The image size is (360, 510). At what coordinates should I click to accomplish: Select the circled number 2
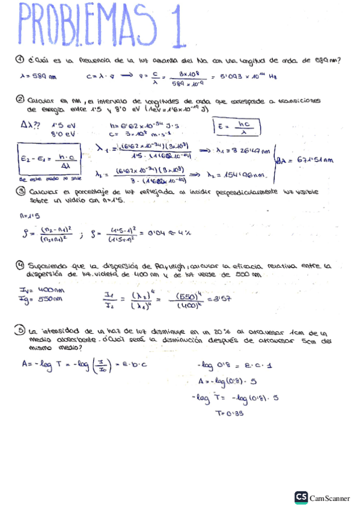[x=20, y=100]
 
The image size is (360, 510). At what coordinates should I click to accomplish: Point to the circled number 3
[x=20, y=191]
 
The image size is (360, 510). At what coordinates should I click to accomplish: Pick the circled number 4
[x=20, y=265]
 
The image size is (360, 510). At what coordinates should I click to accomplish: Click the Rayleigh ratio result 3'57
[x=218, y=298]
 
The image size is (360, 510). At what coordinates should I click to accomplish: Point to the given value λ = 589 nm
[x=38, y=76]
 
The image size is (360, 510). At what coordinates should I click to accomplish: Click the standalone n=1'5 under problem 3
[x=26, y=215]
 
